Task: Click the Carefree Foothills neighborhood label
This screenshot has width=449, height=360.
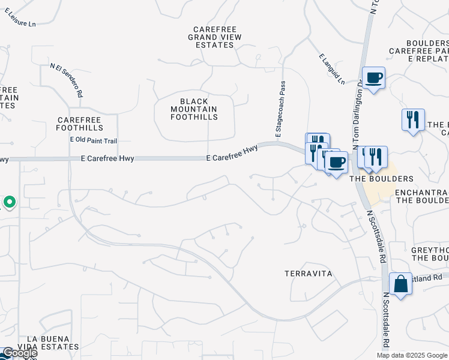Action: (x=79, y=124)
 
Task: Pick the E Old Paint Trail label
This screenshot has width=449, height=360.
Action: (x=93, y=140)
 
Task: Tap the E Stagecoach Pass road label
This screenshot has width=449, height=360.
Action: (x=280, y=110)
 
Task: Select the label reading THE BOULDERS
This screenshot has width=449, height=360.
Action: (x=381, y=179)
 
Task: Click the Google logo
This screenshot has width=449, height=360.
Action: (x=19, y=353)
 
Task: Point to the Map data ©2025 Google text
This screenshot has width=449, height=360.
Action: (x=412, y=355)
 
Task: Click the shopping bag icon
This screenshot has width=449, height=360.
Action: (x=400, y=283)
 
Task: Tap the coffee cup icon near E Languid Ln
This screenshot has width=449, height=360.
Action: (x=373, y=78)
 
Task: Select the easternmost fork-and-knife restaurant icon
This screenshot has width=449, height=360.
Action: (x=413, y=120)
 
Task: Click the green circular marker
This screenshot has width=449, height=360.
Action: (x=9, y=202)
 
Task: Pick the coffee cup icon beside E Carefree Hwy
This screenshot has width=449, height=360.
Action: (x=337, y=162)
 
